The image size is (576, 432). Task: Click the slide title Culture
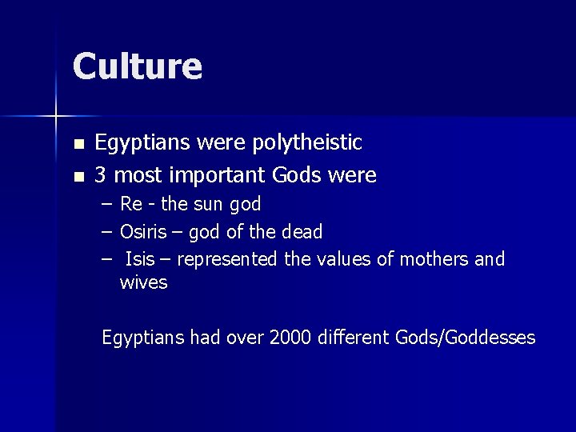137,66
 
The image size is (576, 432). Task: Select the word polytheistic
307,143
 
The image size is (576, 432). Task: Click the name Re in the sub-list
130,205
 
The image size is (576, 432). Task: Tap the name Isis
140,259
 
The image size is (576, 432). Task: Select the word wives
143,282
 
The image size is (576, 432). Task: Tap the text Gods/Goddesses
465,338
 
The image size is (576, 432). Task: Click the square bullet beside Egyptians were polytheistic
78,145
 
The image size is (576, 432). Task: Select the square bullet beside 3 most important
78,176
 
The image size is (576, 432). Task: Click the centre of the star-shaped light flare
56,117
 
